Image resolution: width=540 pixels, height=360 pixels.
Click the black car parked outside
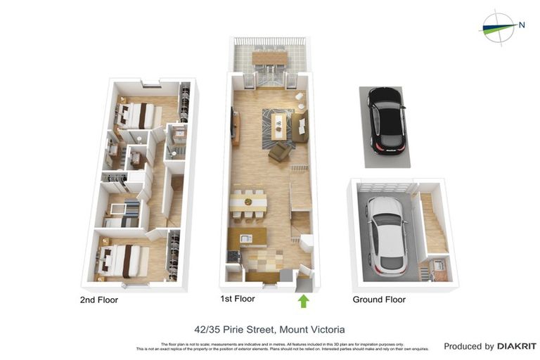(x=386, y=120)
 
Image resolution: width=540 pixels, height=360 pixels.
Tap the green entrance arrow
(x=303, y=302)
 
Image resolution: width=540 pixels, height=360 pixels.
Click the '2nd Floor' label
(x=98, y=300)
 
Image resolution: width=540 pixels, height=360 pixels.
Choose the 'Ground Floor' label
(x=379, y=300)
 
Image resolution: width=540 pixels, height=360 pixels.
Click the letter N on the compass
(x=521, y=25)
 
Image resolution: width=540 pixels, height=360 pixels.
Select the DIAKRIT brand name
(x=517, y=346)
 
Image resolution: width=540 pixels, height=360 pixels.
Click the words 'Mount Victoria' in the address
(x=311, y=329)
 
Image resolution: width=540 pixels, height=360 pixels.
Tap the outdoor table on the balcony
(x=270, y=57)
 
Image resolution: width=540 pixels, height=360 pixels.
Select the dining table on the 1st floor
(x=248, y=202)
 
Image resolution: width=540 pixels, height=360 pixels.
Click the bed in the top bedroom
(x=136, y=115)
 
